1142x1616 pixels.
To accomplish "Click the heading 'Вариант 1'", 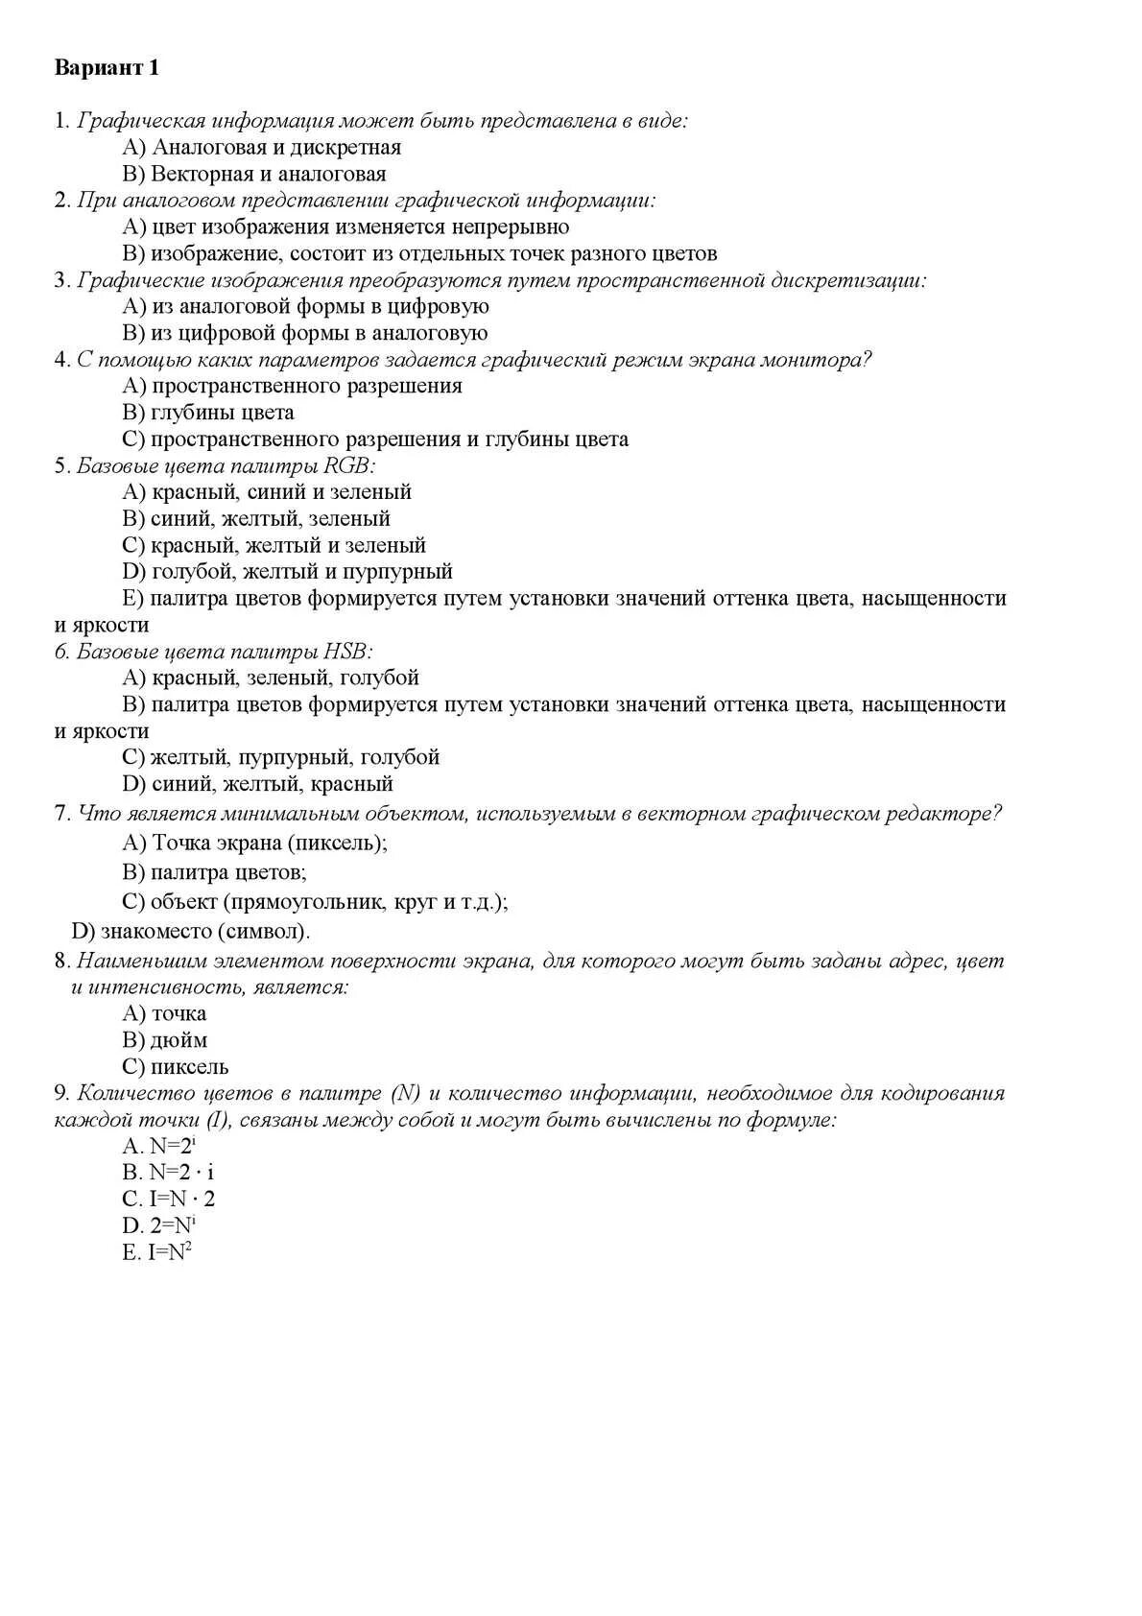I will [107, 68].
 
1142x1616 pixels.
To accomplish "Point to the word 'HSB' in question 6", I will [347, 652].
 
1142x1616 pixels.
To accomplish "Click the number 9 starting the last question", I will [60, 1094].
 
